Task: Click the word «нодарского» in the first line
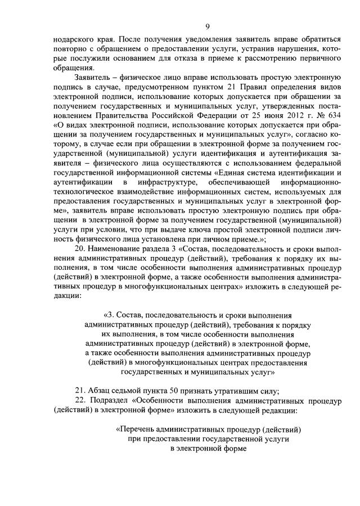[x=73, y=40]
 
